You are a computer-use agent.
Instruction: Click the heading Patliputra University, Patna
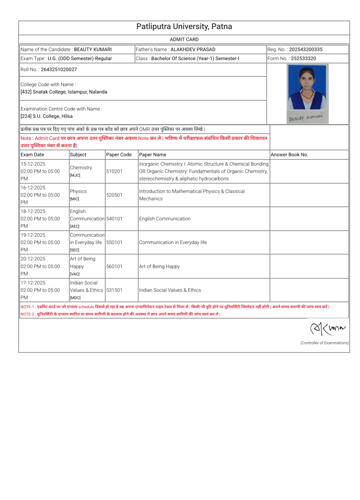click(x=184, y=27)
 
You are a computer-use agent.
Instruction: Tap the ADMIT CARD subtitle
click(x=184, y=40)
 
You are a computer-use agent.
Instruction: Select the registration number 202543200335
click(x=305, y=50)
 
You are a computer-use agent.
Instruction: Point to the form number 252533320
click(x=303, y=58)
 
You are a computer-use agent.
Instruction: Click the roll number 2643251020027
click(x=59, y=70)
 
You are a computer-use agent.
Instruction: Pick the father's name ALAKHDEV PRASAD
click(x=193, y=50)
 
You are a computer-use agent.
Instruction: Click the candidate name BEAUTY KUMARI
click(x=93, y=50)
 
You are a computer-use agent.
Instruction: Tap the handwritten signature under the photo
click(x=305, y=118)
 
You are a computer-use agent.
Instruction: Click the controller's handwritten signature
click(x=327, y=328)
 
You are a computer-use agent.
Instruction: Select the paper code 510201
click(x=114, y=171)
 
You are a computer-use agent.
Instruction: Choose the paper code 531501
click(x=114, y=290)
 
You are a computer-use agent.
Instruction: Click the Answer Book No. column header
click(x=289, y=155)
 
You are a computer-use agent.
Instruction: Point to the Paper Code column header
click(x=119, y=155)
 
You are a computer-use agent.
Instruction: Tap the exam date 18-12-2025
click(x=33, y=212)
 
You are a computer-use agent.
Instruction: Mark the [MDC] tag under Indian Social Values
click(x=75, y=298)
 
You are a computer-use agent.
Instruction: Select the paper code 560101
click(x=114, y=266)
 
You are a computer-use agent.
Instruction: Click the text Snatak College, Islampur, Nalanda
click(x=70, y=92)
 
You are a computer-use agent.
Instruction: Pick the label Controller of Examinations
click(x=324, y=343)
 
